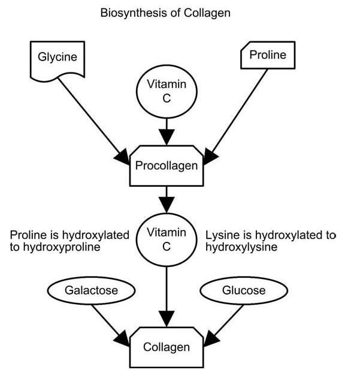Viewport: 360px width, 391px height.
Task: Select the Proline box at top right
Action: click(x=268, y=55)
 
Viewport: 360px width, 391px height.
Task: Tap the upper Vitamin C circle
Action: click(x=167, y=92)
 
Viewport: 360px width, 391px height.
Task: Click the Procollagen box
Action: click(x=167, y=166)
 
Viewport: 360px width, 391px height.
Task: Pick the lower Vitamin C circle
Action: click(x=167, y=240)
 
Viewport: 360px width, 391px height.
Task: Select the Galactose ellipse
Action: click(x=91, y=290)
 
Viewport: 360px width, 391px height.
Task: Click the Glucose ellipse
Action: click(x=244, y=290)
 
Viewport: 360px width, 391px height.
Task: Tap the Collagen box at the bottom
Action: click(x=167, y=347)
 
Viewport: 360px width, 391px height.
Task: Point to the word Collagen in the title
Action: click(x=207, y=13)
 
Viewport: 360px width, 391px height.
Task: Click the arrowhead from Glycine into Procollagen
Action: click(x=122, y=157)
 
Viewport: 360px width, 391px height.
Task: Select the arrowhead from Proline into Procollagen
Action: click(x=211, y=157)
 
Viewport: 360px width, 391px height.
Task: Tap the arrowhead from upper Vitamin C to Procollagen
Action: click(x=167, y=137)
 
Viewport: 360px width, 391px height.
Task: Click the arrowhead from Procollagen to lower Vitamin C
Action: click(x=167, y=205)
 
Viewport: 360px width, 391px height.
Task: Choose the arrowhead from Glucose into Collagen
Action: click(x=211, y=338)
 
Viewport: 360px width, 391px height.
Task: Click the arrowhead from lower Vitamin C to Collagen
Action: click(x=167, y=319)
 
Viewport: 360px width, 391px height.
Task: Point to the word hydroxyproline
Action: click(x=62, y=247)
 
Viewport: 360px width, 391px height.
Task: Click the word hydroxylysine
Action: click(x=241, y=247)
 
